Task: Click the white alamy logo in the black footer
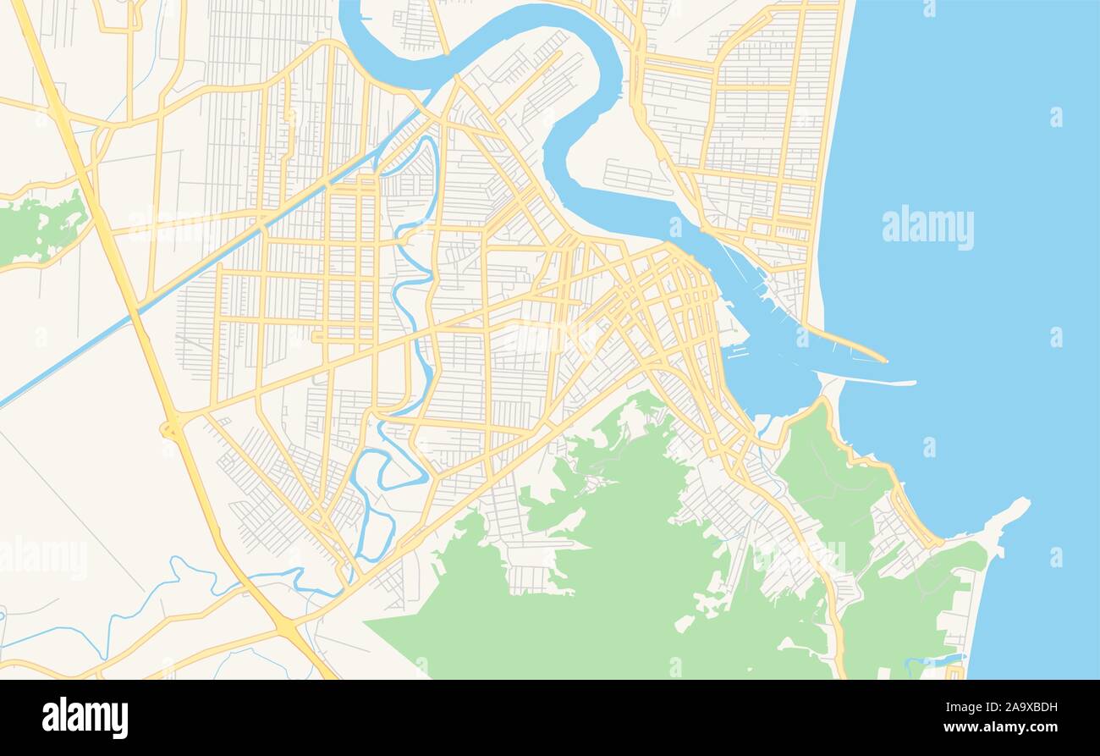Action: tap(85, 718)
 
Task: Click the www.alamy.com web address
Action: tap(996, 728)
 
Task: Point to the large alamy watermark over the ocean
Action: tap(927, 227)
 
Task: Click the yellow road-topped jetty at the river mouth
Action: tap(846, 344)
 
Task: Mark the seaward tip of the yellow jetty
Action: tap(885, 361)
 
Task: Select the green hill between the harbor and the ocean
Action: tap(825, 474)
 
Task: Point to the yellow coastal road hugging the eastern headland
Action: tap(897, 491)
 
